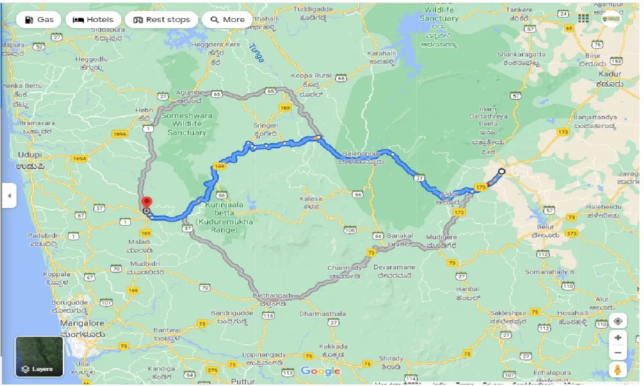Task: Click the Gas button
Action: pos(39,20)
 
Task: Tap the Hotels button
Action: pos(93,20)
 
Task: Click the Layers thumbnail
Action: pos(39,356)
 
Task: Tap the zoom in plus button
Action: pos(618,338)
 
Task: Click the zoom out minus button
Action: pos(618,353)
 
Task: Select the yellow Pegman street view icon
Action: pos(618,370)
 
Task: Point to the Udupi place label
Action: pos(29,155)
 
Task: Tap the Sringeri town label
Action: pos(265,125)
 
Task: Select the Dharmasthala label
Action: pos(323,314)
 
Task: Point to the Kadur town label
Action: pos(609,74)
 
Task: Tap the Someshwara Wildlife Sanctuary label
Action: pos(187,124)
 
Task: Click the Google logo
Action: pos(320,371)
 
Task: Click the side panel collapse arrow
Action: pos(9,196)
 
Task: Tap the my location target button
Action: pos(618,321)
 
